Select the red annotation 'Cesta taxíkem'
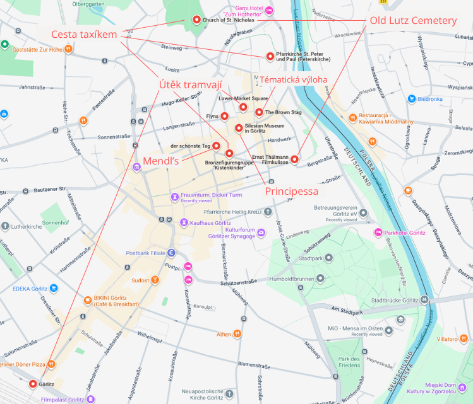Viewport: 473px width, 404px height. click(x=84, y=34)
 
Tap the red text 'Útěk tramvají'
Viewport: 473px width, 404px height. click(x=190, y=84)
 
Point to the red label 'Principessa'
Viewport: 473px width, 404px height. click(x=291, y=191)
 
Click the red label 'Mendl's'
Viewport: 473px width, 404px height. click(x=162, y=161)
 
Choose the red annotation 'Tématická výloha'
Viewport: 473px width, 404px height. click(x=294, y=79)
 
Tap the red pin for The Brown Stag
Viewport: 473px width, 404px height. click(x=259, y=112)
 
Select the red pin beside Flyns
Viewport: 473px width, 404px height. click(x=224, y=117)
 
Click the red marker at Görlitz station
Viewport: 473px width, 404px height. click(x=33, y=384)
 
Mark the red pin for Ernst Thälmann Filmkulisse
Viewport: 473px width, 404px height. click(x=294, y=159)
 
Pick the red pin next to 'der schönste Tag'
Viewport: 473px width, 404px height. click(x=216, y=146)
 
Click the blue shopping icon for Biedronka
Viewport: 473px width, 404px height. click(x=412, y=99)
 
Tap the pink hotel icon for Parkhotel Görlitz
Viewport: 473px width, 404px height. click(x=379, y=233)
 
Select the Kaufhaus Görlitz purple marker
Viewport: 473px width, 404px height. click(x=184, y=222)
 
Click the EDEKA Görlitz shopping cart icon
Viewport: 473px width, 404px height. click(x=54, y=289)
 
